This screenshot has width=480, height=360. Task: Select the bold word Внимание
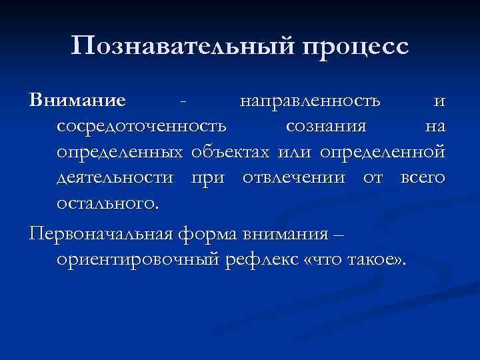coord(77,101)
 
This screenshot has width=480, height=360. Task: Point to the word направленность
coord(311,101)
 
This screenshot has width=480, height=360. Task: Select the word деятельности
coord(118,179)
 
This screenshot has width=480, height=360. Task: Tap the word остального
coord(108,203)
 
